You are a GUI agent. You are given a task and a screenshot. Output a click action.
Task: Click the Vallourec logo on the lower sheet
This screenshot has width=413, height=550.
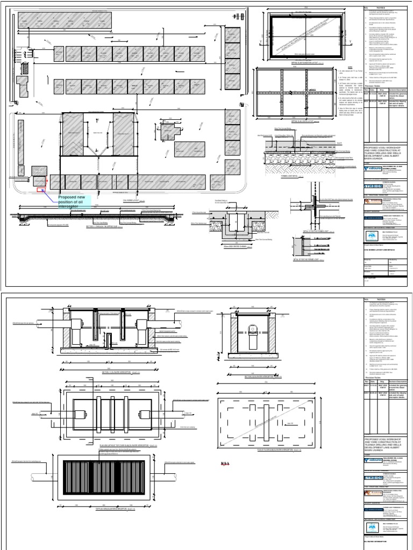coord(374,461)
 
